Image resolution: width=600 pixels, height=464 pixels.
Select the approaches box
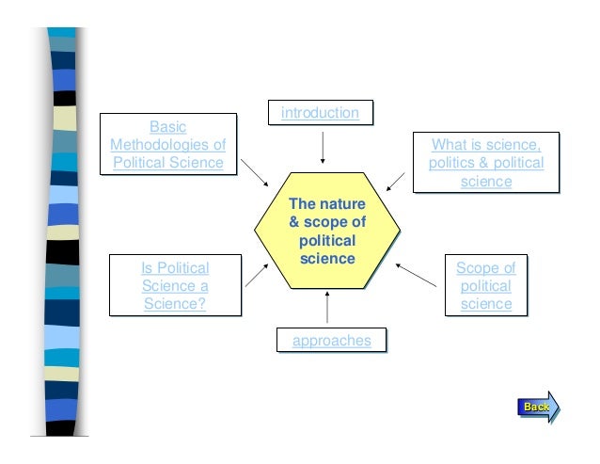[x=331, y=340]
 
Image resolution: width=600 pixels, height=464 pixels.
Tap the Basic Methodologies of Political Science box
[x=168, y=144]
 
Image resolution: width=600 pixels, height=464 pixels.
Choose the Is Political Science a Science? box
[x=175, y=285]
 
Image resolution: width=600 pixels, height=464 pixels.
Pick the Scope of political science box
[x=485, y=285]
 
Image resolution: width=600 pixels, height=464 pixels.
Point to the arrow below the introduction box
[x=323, y=146]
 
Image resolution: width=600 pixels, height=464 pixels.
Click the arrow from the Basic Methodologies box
[x=254, y=170]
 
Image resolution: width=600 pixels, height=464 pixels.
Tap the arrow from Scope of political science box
[x=418, y=274]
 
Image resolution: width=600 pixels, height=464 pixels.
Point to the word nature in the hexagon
[x=344, y=204]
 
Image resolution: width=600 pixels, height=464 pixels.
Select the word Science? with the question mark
[x=175, y=304]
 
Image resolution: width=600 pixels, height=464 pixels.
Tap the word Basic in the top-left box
[x=168, y=127]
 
